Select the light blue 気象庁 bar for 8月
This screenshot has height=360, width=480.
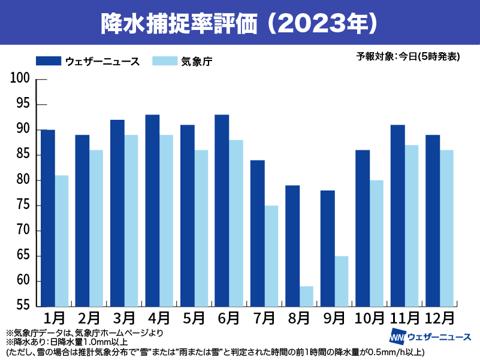click(x=306, y=297)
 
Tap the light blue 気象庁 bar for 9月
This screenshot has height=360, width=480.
click(x=341, y=282)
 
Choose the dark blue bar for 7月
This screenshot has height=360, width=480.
click(x=257, y=234)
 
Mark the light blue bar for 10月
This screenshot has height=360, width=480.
click(x=376, y=243)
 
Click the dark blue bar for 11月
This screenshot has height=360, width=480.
click(x=397, y=216)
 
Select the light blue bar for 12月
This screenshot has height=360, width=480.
click(x=446, y=228)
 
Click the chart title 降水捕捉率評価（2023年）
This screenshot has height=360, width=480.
click(x=240, y=22)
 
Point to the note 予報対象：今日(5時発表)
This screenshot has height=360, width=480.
click(x=408, y=57)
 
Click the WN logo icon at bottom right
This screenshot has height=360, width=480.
click(x=397, y=337)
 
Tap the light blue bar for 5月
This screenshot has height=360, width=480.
click(x=201, y=228)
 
